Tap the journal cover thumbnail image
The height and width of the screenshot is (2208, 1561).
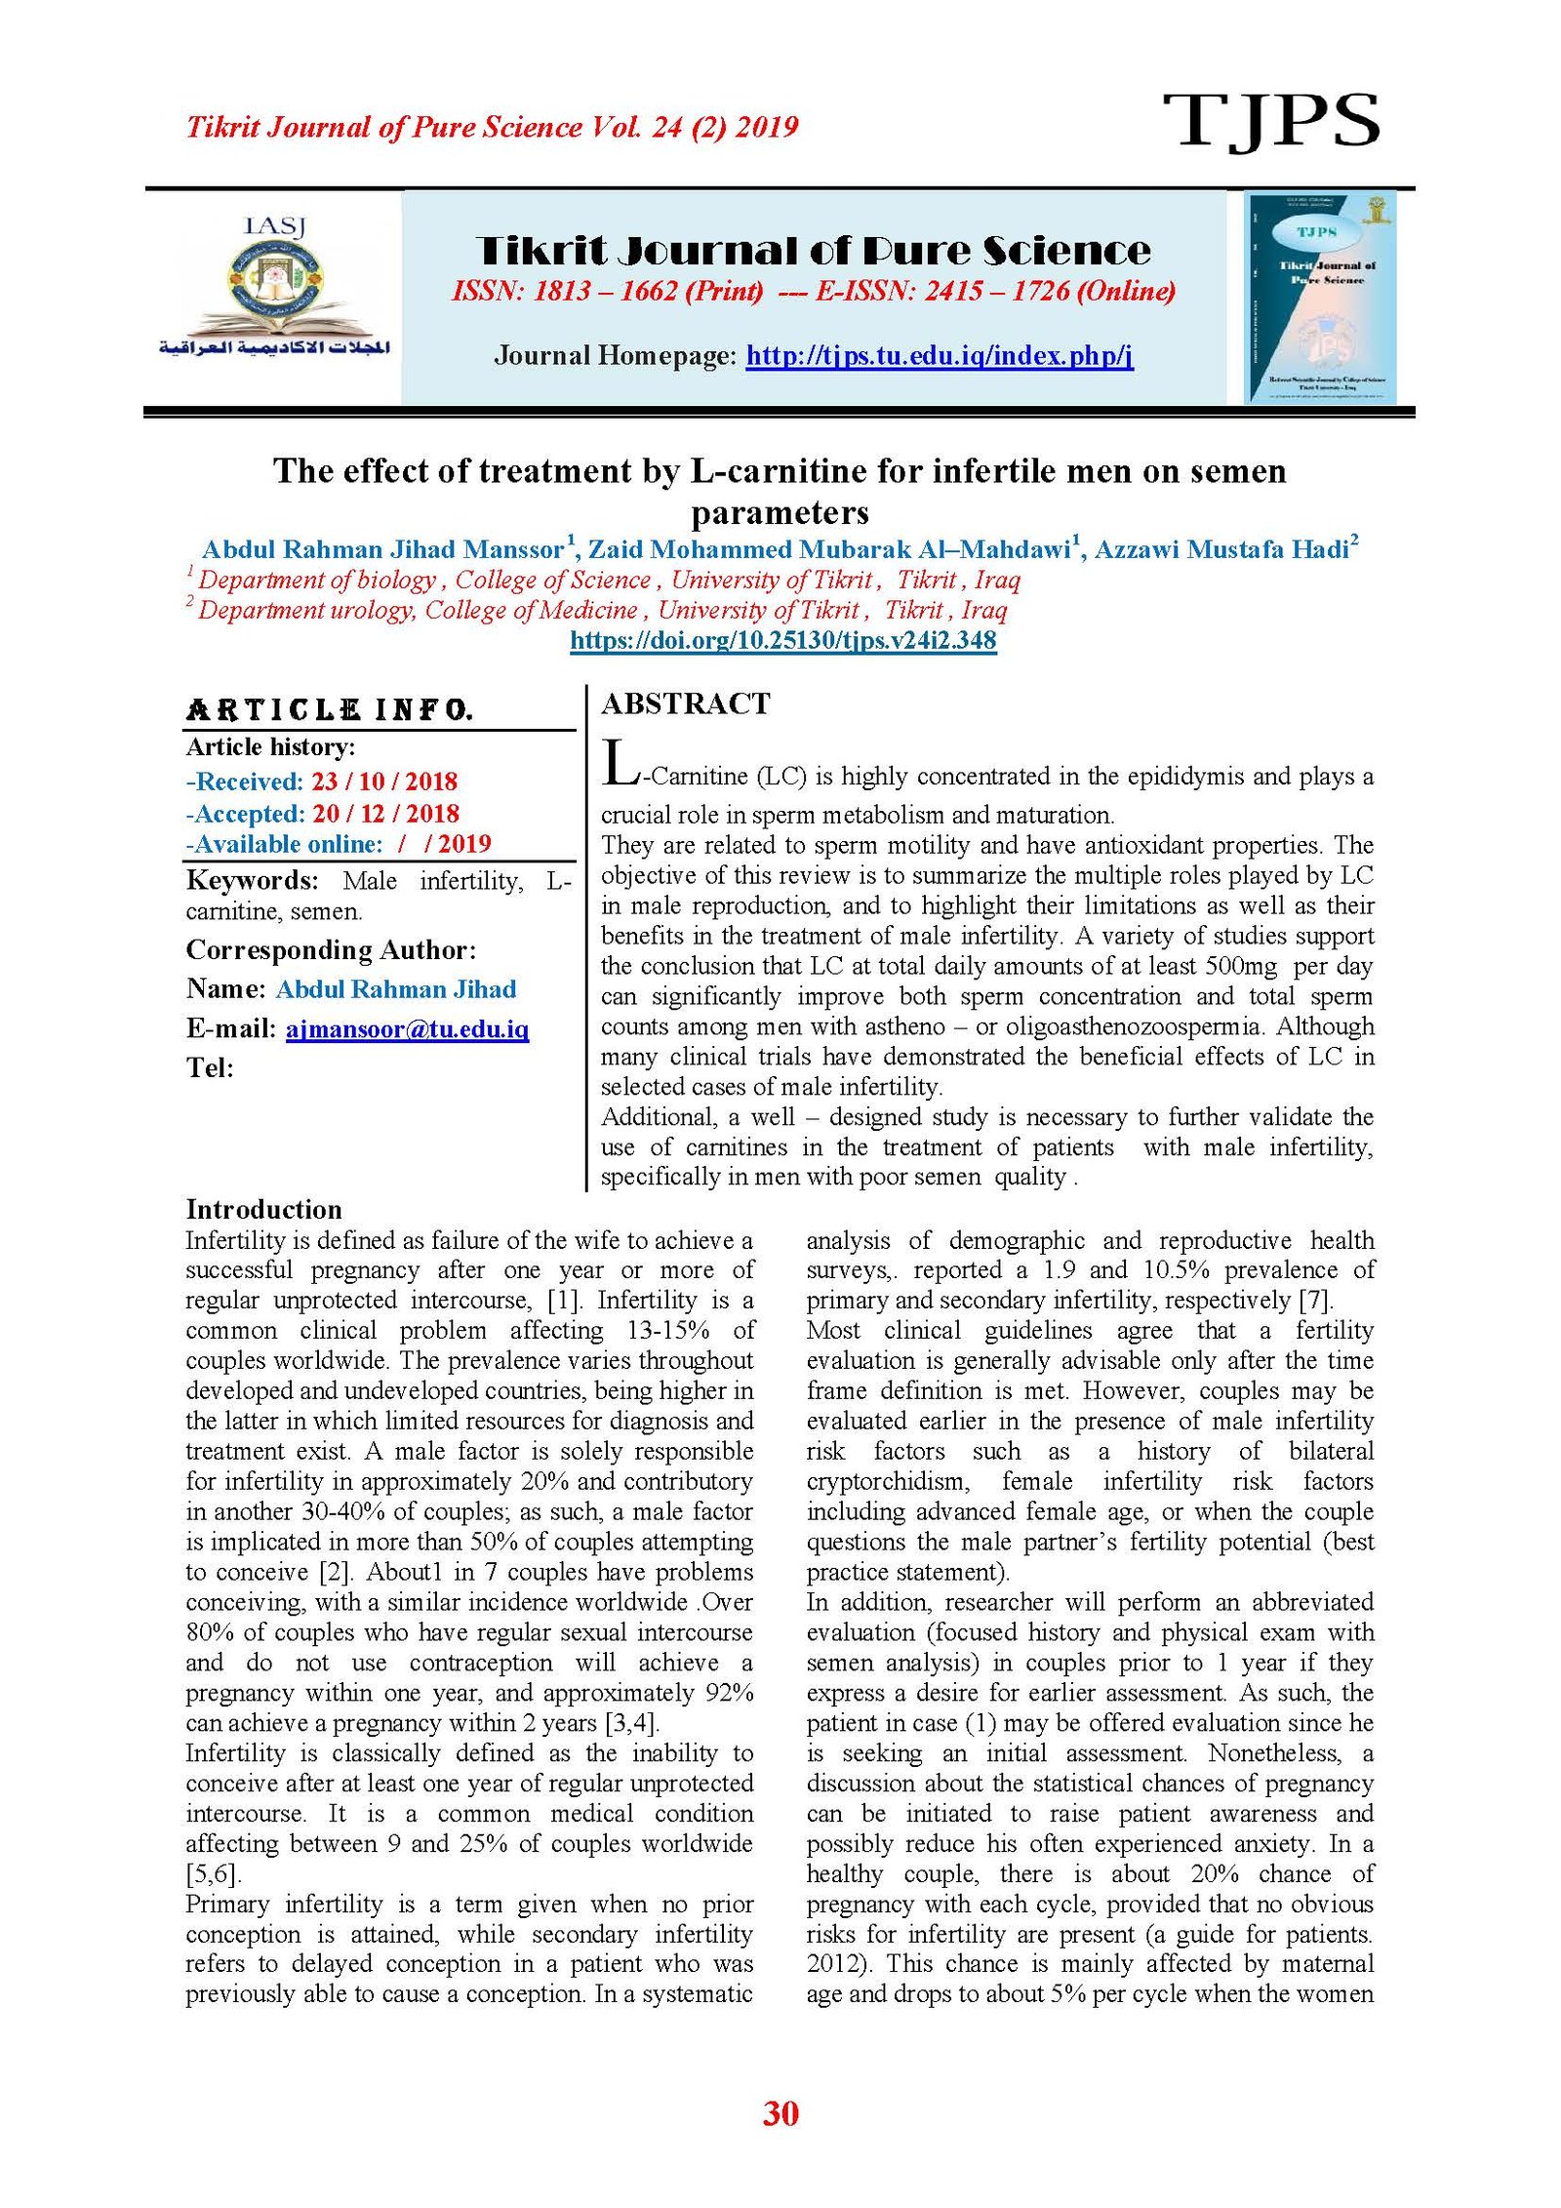coord(1320,297)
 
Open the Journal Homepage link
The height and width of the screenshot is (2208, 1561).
coord(939,355)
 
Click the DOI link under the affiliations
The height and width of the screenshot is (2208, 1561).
coord(782,641)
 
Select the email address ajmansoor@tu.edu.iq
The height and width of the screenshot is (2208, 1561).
coord(407,1028)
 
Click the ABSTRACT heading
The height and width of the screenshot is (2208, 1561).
coord(685,703)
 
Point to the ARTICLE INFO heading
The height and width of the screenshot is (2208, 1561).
coord(329,710)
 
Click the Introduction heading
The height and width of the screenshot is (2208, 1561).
coord(263,1210)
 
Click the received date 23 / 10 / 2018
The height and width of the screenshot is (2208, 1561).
coord(384,782)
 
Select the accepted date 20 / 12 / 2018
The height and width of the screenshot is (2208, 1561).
coord(385,814)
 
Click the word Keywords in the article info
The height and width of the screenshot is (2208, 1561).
coord(252,881)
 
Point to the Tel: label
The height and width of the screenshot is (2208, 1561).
coord(210,1068)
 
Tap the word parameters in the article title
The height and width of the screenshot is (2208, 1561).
coord(780,513)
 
